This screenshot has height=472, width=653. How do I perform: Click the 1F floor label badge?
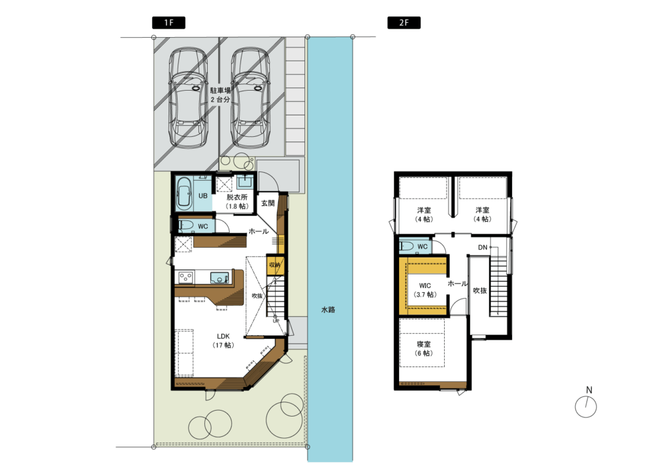coord(168,22)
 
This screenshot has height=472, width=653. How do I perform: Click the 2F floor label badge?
coord(404,22)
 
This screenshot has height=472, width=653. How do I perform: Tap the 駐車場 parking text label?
coord(220,90)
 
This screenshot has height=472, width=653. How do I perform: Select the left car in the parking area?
coord(188,97)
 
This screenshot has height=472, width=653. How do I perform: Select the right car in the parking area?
coord(250,97)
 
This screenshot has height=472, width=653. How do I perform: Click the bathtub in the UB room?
coord(184,194)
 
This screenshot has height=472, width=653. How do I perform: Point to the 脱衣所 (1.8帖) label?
coord(237,201)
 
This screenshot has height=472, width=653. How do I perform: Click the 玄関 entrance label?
coord(268,203)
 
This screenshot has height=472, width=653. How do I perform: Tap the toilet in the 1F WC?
coord(186,226)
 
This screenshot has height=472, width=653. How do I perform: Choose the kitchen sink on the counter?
coord(219,277)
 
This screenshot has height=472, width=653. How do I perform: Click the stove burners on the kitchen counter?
coord(186,277)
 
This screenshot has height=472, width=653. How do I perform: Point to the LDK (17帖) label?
coord(223,340)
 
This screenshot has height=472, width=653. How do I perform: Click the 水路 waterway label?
coord(328,310)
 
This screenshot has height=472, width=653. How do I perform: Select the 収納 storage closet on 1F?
coord(274,265)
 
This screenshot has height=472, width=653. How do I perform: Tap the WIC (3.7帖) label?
coord(425,290)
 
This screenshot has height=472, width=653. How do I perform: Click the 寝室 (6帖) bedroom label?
coord(424,349)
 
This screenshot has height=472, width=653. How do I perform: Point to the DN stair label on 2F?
coord(483,248)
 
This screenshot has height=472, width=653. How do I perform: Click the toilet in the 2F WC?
coord(407,246)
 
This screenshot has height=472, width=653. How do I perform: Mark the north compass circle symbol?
coord(586,407)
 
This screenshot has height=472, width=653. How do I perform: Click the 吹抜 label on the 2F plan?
coord(480,291)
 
